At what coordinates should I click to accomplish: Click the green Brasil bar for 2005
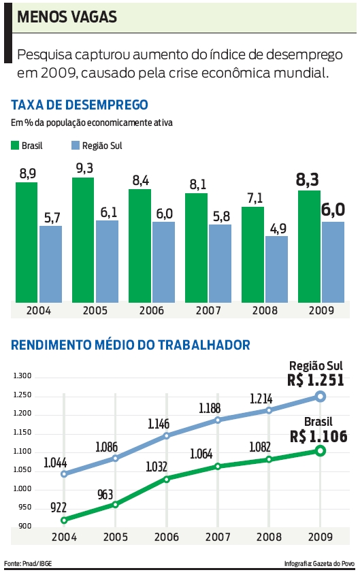83,240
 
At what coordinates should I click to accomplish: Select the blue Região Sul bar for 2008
276,269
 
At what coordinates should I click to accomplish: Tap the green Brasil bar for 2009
309,246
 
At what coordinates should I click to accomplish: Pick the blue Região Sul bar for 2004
50,264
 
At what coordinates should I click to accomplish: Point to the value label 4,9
276,227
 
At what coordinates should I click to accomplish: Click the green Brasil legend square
15,145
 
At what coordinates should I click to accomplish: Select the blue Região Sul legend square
75,145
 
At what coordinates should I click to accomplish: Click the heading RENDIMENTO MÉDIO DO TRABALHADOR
131,346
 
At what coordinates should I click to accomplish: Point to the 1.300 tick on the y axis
23,376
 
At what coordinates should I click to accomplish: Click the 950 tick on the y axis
24,507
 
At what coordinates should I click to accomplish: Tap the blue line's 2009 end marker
321,396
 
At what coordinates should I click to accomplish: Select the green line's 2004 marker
64,520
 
